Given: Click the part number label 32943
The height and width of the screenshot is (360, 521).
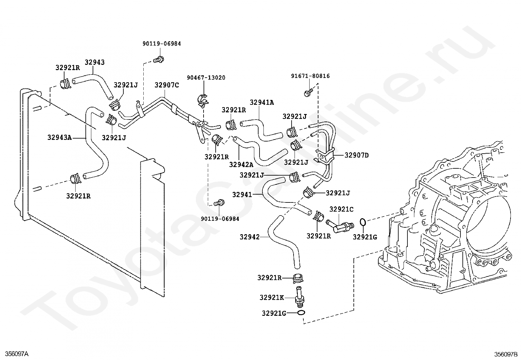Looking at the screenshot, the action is [x=95, y=62].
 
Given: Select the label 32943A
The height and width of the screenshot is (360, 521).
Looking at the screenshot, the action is [x=60, y=137].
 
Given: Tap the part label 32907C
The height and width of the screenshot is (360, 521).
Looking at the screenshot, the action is [x=167, y=85].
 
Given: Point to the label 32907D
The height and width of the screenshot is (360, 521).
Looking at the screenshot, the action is [x=357, y=155].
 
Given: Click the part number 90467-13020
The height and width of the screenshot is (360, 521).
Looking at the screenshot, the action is [x=206, y=78].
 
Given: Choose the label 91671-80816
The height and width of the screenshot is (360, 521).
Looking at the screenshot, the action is [x=310, y=76].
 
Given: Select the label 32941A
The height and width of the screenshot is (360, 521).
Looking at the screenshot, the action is [x=262, y=103].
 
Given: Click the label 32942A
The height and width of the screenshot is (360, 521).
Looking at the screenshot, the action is [x=241, y=165].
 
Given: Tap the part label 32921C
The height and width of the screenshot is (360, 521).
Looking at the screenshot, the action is [x=341, y=209].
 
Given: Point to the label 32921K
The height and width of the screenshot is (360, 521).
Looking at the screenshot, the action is [x=272, y=297].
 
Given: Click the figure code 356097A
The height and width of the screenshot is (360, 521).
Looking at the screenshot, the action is [x=17, y=354].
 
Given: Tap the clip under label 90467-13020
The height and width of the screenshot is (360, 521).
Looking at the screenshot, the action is [x=203, y=101].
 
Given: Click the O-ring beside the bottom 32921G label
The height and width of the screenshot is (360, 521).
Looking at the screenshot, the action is [x=301, y=313].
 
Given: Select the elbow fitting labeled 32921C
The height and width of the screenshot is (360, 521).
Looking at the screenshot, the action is [x=340, y=226].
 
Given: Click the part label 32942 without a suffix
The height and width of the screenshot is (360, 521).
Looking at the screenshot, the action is [x=250, y=237].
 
